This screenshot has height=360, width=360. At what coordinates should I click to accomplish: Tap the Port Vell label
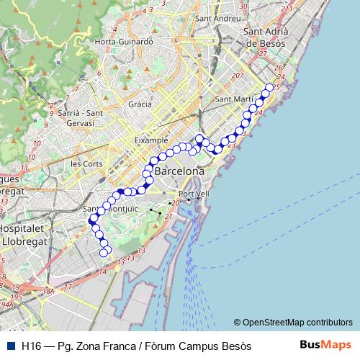[x=194, y=194]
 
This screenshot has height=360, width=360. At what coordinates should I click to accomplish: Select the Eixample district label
[x=151, y=140]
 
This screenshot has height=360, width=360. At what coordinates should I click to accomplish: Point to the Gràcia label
[x=140, y=104]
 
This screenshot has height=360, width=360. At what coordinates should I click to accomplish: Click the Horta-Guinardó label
[x=125, y=42]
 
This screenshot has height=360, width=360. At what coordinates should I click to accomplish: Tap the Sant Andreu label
[x=217, y=18]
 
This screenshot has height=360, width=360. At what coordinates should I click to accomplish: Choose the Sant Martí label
[x=233, y=99]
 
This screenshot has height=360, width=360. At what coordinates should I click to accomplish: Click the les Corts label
[x=86, y=163]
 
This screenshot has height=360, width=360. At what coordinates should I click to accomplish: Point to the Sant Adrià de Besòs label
[x=266, y=37]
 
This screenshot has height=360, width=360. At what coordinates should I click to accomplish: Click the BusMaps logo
[x=325, y=345]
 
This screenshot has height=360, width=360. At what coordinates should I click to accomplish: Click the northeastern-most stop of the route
[x=269, y=88]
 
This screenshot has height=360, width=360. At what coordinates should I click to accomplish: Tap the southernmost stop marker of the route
[x=104, y=253]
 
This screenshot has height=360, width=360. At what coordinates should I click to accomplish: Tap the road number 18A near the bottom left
[x=48, y=291]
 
